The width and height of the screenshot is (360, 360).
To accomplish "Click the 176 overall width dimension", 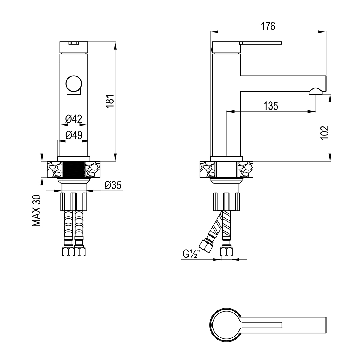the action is point(268,26).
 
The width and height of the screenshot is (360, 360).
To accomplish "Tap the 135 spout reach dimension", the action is point(271,106).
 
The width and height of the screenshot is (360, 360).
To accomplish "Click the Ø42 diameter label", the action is point(73,119).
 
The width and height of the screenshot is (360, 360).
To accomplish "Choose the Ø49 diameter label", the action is point(74,135).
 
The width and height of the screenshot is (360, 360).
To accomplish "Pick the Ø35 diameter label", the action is point(113,185).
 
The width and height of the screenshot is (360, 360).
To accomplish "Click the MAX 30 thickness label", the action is point(37,211).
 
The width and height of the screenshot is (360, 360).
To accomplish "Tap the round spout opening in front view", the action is point(73,84).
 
